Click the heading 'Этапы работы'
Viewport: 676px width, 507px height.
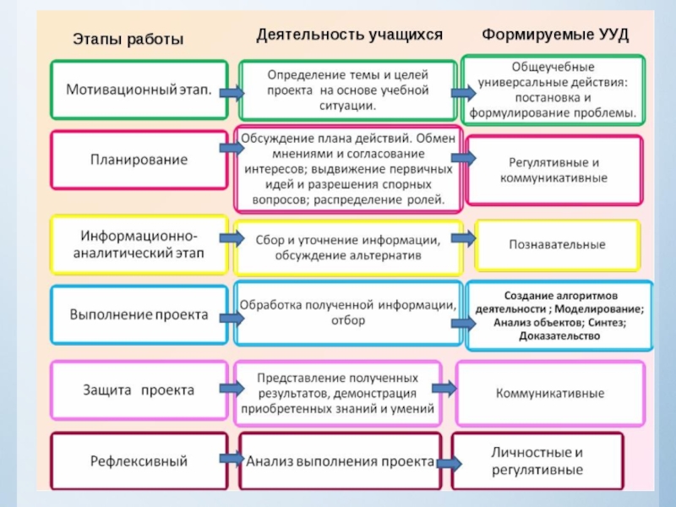128,40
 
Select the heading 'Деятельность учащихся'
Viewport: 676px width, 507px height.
349,35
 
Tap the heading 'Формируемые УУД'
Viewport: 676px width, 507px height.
555,35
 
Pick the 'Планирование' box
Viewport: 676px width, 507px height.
139,159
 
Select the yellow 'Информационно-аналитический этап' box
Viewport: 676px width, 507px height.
139,243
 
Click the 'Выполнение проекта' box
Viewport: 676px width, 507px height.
139,314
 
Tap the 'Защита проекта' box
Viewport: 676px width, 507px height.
139,390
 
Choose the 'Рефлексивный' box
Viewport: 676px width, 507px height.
139,461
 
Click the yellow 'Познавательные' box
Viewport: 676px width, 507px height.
557,244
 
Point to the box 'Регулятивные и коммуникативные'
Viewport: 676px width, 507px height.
553,170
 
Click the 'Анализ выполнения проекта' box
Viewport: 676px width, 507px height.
340,461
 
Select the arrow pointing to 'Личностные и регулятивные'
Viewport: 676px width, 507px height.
448,464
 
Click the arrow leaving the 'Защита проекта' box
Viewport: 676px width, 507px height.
231,388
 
